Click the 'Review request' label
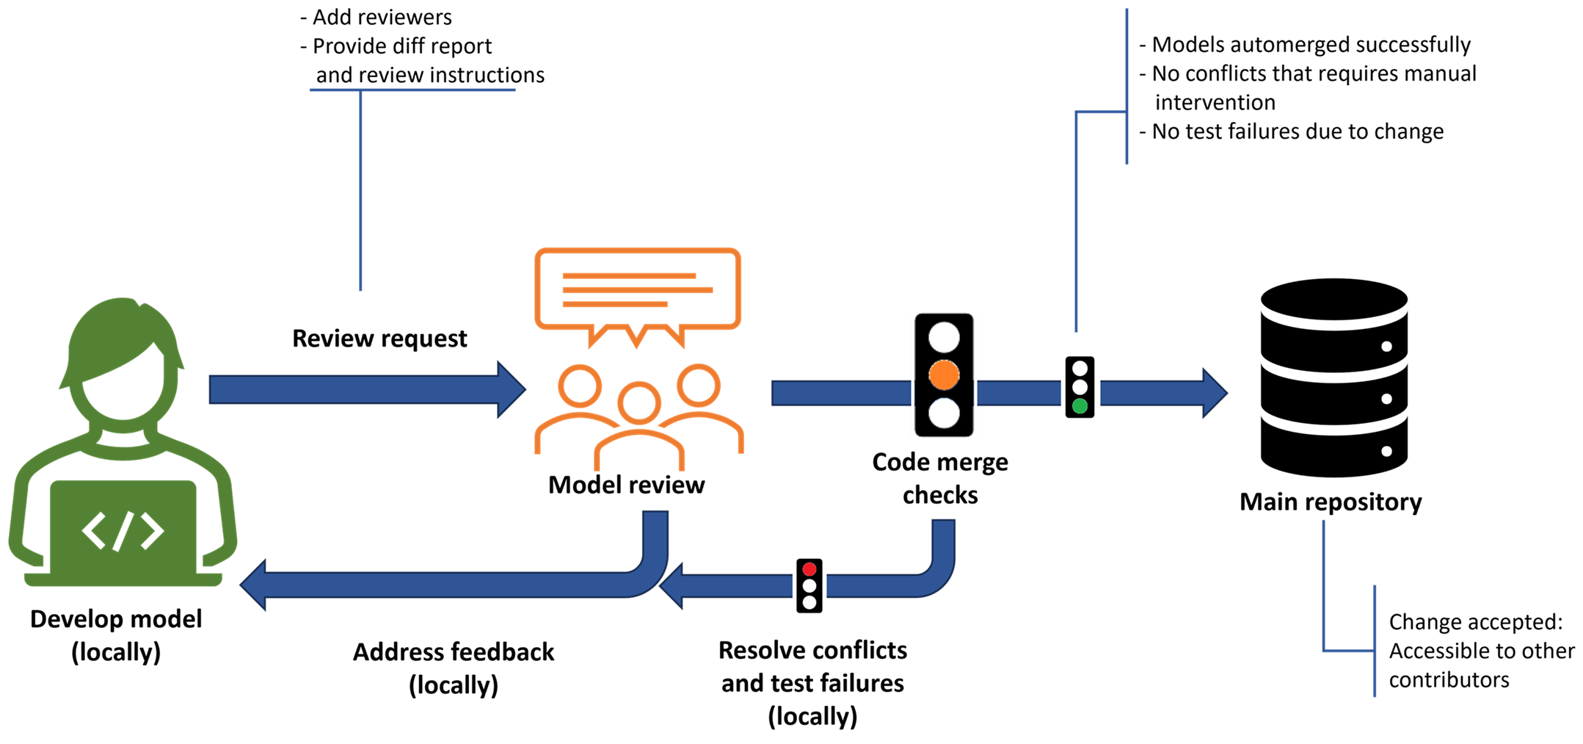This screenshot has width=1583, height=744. pos(379,339)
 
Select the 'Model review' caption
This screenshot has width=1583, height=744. pos(626,485)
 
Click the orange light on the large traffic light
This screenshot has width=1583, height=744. pos(944,375)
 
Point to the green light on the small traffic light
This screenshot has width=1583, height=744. pos(1080,406)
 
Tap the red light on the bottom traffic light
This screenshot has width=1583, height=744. pos(809,569)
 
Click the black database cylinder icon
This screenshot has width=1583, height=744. pos(1333,378)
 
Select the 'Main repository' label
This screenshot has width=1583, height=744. pos(1331,502)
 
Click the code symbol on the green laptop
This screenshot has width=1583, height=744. pos(123,530)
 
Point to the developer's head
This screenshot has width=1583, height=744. pos(123,360)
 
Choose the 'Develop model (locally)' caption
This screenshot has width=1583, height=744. pos(116,635)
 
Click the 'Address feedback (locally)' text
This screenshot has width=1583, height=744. pos(454,668)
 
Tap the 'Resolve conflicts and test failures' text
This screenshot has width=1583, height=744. pos(812,667)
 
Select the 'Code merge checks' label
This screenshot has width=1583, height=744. pos(940,478)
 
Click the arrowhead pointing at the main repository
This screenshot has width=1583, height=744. pos(1215,394)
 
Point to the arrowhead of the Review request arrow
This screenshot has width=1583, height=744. pos(512,389)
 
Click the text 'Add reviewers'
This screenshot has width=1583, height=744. pos(376,17)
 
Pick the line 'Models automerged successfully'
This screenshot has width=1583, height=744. pos(1305,45)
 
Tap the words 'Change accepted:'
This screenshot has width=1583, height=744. pos(1476,622)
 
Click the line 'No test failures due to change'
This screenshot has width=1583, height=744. pos(1291,131)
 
